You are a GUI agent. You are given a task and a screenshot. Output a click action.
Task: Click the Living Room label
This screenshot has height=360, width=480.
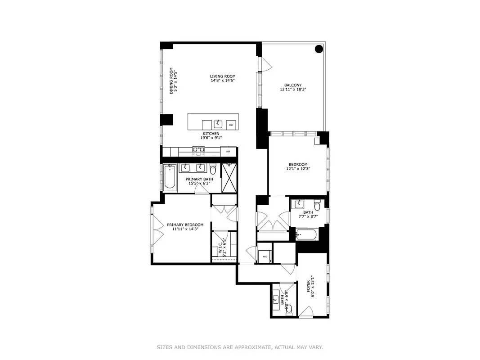(x=223, y=78)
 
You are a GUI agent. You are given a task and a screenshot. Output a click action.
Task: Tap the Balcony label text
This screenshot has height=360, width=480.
(x=292, y=87)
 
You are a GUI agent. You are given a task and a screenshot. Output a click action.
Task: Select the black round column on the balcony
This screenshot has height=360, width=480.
(x=319, y=49)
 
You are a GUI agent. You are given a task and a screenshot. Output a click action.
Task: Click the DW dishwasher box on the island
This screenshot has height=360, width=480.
(x=231, y=125)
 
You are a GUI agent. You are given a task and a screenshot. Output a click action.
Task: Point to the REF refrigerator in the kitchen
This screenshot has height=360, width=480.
(x=228, y=152)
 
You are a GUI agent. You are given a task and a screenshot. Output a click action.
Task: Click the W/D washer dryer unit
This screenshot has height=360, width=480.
(x=265, y=256)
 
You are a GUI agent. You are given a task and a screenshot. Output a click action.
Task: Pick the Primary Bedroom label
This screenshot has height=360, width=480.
(x=185, y=227)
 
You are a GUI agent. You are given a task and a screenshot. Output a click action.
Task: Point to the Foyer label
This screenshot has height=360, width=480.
(x=311, y=287)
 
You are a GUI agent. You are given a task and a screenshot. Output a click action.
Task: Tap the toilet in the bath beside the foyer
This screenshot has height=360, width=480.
(x=289, y=309)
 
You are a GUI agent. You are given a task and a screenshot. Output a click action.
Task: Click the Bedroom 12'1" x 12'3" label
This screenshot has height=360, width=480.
(x=298, y=166)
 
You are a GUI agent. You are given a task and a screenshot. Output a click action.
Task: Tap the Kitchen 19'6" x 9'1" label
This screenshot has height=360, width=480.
(x=211, y=136)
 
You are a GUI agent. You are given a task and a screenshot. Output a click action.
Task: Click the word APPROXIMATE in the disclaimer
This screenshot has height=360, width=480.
(x=251, y=347)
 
